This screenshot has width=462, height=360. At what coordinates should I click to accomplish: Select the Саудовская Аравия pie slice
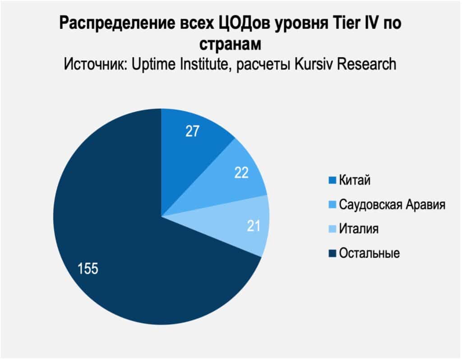tap(226, 180)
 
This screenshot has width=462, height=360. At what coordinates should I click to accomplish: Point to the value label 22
tap(241, 173)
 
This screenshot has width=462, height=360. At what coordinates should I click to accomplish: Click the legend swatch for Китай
tap(333, 181)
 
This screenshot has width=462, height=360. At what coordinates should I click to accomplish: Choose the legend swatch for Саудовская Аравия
tap(333, 205)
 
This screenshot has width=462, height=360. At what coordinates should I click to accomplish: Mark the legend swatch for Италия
tap(333, 229)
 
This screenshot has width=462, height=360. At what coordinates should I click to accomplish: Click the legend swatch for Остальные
tap(333, 253)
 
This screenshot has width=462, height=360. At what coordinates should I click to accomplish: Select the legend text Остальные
tap(369, 253)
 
